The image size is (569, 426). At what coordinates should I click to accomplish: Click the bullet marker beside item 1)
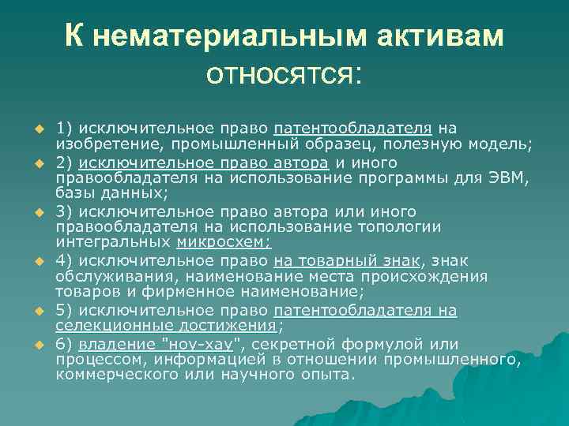click(36, 129)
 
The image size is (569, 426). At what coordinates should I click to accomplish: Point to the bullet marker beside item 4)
click(36, 259)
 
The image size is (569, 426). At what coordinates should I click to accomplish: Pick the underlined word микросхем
click(223, 241)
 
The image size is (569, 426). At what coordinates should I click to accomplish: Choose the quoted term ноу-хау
click(213, 345)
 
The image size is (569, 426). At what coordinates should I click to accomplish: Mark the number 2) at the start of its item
click(64, 163)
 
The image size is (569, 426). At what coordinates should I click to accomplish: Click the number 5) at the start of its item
click(64, 311)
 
